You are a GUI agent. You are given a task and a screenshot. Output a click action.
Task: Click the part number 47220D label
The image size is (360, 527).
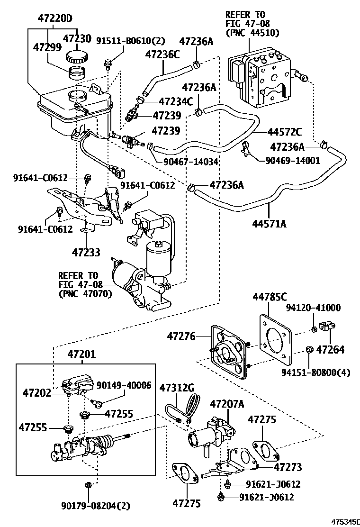pyautogui.click(x=55, y=19)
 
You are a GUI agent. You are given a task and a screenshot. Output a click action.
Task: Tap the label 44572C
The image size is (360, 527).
pyautogui.click(x=284, y=131)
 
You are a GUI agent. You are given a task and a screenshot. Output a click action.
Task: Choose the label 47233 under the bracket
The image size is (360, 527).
pyautogui.click(x=86, y=252)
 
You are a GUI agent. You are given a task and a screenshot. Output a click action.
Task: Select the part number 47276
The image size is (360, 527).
pyautogui.click(x=180, y=336)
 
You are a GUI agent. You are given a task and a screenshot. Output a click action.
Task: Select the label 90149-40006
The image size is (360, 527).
pyautogui.click(x=124, y=385)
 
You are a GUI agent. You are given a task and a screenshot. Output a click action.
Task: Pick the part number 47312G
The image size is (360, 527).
pyautogui.click(x=177, y=388)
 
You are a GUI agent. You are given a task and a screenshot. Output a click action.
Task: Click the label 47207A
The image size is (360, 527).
pyautogui.click(x=227, y=404)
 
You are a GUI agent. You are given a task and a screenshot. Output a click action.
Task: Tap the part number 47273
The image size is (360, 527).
pyautogui.click(x=288, y=467)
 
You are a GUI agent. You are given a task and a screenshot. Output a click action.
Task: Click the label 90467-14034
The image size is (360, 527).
pyautogui.click(x=190, y=161)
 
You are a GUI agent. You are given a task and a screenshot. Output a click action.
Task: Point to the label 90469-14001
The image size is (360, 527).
pyautogui.click(x=293, y=160)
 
